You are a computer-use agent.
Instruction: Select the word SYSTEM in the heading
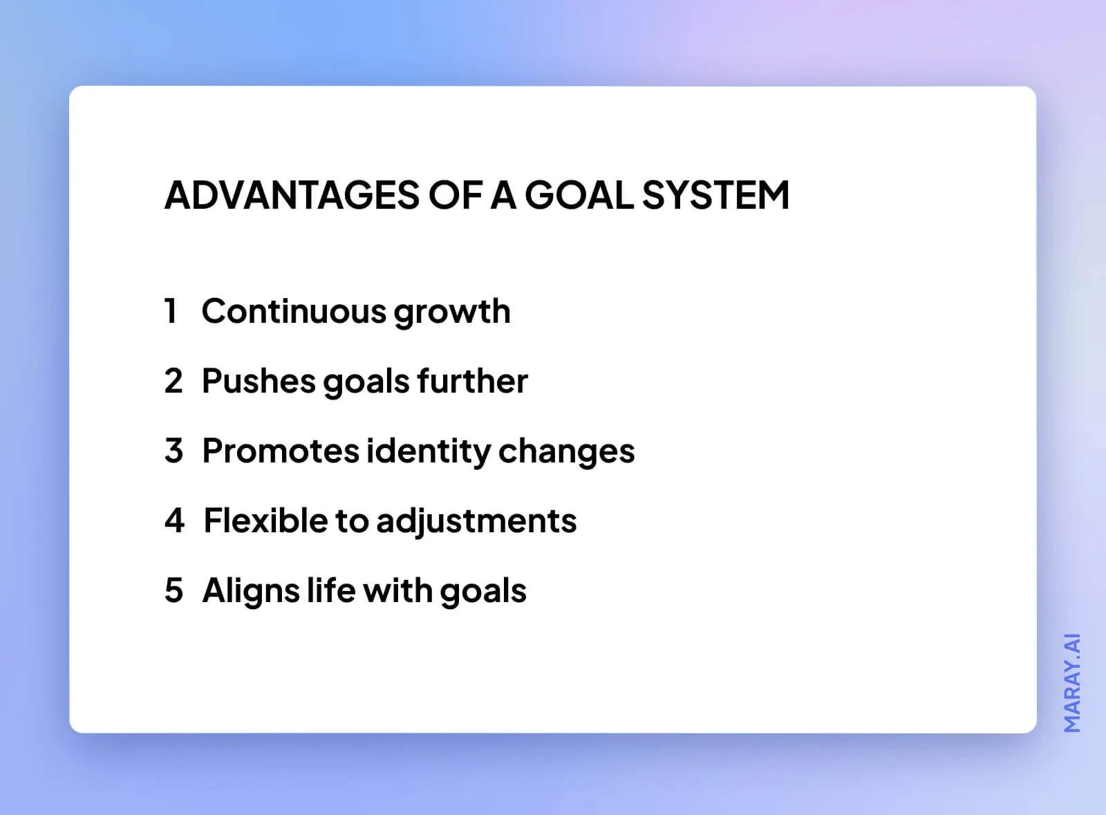715,195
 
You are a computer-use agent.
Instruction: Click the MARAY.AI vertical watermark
1071,682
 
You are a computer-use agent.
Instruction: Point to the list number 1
171,311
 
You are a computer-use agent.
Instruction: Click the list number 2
174,381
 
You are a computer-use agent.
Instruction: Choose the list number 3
174,451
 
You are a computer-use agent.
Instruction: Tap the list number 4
174,521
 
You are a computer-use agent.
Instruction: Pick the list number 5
174,590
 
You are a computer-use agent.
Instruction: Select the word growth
452,312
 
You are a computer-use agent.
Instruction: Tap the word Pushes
259,381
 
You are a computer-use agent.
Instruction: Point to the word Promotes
281,451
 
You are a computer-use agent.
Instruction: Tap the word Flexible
265,521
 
